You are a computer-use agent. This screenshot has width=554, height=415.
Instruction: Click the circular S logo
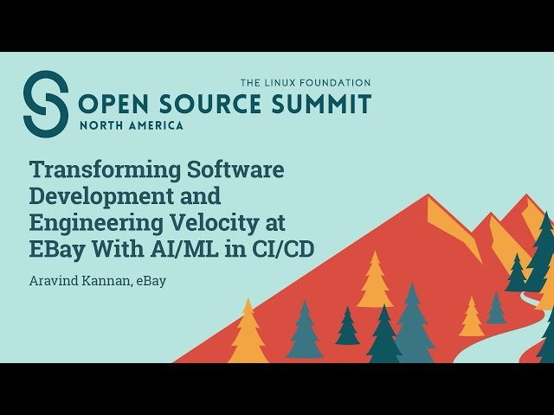click(45, 104)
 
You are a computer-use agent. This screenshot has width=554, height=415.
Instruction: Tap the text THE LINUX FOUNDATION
click(306, 82)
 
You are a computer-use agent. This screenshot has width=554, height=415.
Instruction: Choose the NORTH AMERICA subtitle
click(131, 125)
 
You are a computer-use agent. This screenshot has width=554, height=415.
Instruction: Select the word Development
click(101, 196)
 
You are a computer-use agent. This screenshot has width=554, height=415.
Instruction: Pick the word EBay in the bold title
click(59, 250)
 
